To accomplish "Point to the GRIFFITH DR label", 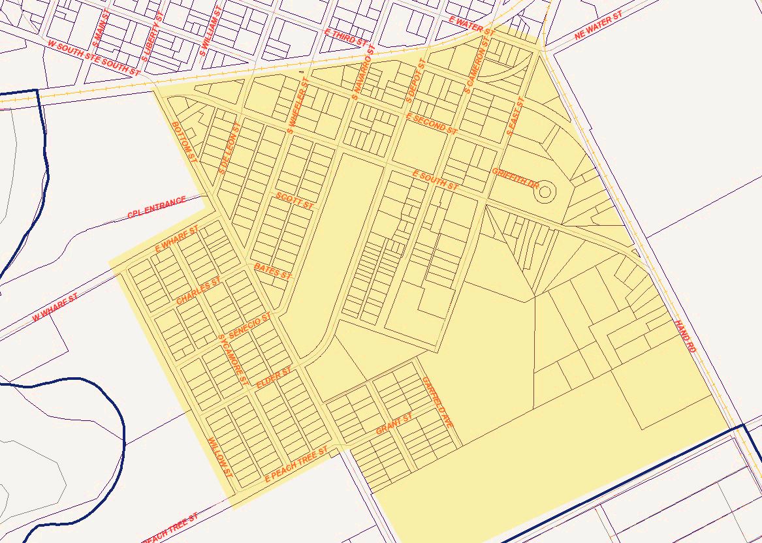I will click(515, 178).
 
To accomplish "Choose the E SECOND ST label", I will click(431, 123).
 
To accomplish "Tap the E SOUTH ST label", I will click(436, 180).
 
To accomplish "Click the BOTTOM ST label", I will click(184, 142).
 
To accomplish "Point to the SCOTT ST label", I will click(294, 200).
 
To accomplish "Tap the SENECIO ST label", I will click(249, 325).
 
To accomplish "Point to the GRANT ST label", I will click(394, 424).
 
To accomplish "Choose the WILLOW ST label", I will click(219, 457).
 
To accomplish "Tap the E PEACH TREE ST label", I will click(295, 465).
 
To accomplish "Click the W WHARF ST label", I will click(55, 307).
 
